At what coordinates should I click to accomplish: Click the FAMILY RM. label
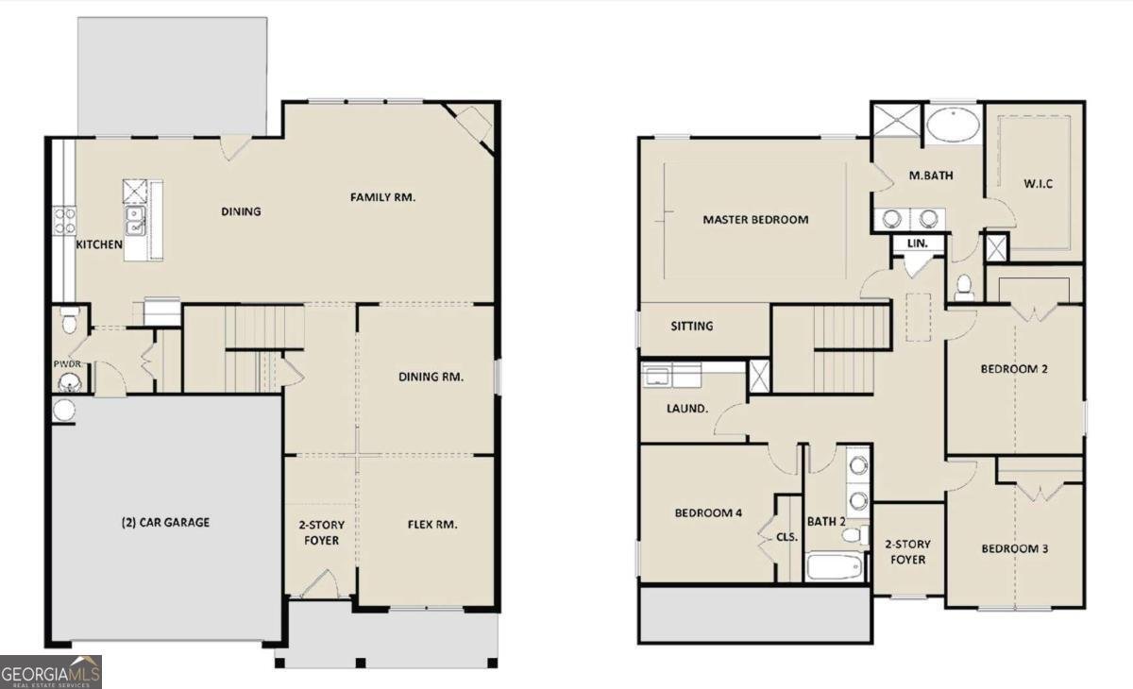click(382, 197)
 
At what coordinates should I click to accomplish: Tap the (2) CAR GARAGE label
click(165, 522)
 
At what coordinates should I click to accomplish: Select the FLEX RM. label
click(431, 525)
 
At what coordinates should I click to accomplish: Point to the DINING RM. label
click(431, 377)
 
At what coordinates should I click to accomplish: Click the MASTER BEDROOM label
click(755, 220)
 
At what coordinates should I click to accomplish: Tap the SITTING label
click(691, 327)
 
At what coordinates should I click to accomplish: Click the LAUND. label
click(687, 409)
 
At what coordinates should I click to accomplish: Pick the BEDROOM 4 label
click(707, 513)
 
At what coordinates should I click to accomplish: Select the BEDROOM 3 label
click(1015, 549)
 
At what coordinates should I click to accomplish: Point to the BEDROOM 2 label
click(1014, 369)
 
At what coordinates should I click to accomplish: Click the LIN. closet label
click(917, 244)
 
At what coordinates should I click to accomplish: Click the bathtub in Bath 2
click(835, 567)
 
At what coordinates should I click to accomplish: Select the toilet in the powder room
click(67, 323)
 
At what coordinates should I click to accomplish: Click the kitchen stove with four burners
click(65, 221)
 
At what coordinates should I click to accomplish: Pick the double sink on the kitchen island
click(136, 221)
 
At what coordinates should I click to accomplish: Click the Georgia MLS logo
click(51, 672)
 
